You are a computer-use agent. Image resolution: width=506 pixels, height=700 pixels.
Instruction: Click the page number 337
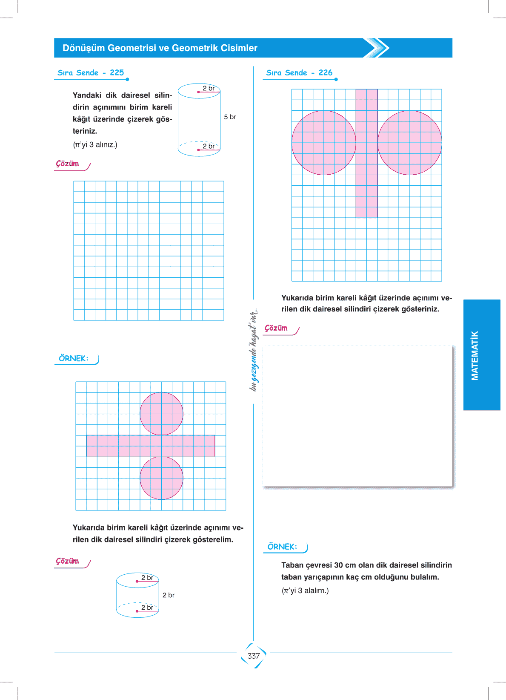tap(254, 656)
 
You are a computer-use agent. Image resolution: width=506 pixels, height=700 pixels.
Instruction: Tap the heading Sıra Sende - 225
tap(91, 73)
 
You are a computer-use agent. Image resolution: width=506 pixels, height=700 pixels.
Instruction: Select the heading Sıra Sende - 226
tap(299, 73)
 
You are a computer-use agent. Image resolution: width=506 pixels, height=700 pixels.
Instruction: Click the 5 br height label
tap(230, 117)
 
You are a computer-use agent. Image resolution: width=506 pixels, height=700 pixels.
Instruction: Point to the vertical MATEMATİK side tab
tap(475, 355)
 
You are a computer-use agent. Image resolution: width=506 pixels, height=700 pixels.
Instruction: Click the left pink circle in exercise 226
tap(323, 143)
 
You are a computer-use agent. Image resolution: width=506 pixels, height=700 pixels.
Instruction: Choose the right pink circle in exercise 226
tap(410, 143)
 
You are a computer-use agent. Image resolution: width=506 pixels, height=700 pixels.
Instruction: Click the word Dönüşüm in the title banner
tap(83, 48)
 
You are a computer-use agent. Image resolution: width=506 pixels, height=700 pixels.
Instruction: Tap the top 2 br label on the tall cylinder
tap(209, 88)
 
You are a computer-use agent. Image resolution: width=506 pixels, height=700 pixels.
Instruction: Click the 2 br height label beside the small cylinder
tap(169, 595)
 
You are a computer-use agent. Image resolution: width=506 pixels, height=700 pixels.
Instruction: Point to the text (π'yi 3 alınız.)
tap(95, 145)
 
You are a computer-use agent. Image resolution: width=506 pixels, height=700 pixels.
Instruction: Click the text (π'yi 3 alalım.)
tap(305, 591)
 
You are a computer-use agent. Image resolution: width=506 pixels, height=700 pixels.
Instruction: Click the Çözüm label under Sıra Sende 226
tap(276, 328)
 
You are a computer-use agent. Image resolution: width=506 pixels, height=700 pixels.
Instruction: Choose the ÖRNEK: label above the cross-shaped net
tap(74, 359)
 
